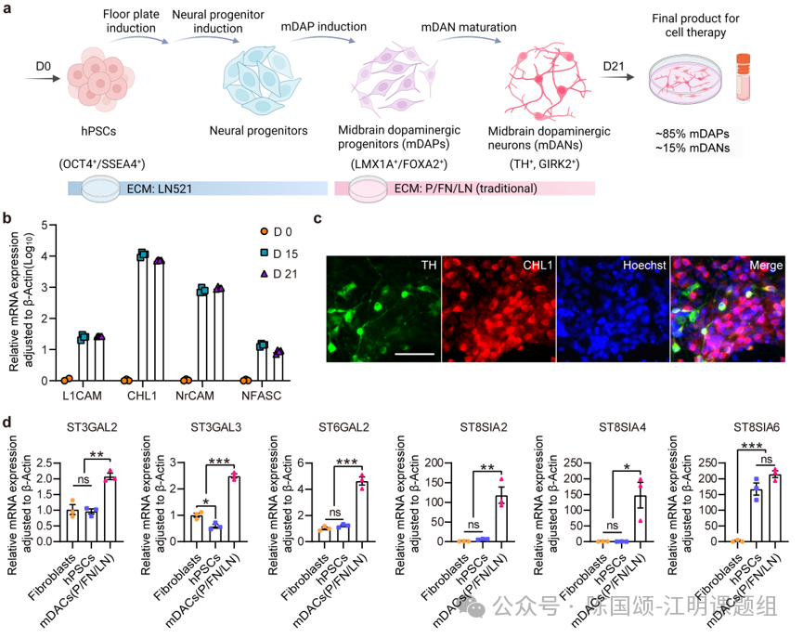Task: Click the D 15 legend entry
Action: click(x=278, y=254)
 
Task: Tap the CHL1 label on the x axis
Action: click(x=142, y=396)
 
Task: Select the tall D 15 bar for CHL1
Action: click(x=142, y=318)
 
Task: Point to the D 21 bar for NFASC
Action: click(x=278, y=367)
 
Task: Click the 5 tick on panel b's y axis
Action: click(x=45, y=225)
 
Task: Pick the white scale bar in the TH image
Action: click(x=414, y=353)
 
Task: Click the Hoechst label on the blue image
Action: click(x=643, y=265)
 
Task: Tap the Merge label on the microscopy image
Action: click(x=766, y=265)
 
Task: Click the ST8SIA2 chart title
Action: click(x=484, y=427)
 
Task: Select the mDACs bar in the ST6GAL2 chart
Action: click(x=362, y=512)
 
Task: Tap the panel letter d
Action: click(x=6, y=422)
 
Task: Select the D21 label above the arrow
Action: click(x=613, y=66)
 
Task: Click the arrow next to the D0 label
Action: click(x=42, y=79)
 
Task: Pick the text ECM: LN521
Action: click(x=160, y=189)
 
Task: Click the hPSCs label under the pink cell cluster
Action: click(x=98, y=131)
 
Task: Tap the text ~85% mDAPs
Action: click(x=692, y=134)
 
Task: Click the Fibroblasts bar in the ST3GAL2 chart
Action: click(x=72, y=526)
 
